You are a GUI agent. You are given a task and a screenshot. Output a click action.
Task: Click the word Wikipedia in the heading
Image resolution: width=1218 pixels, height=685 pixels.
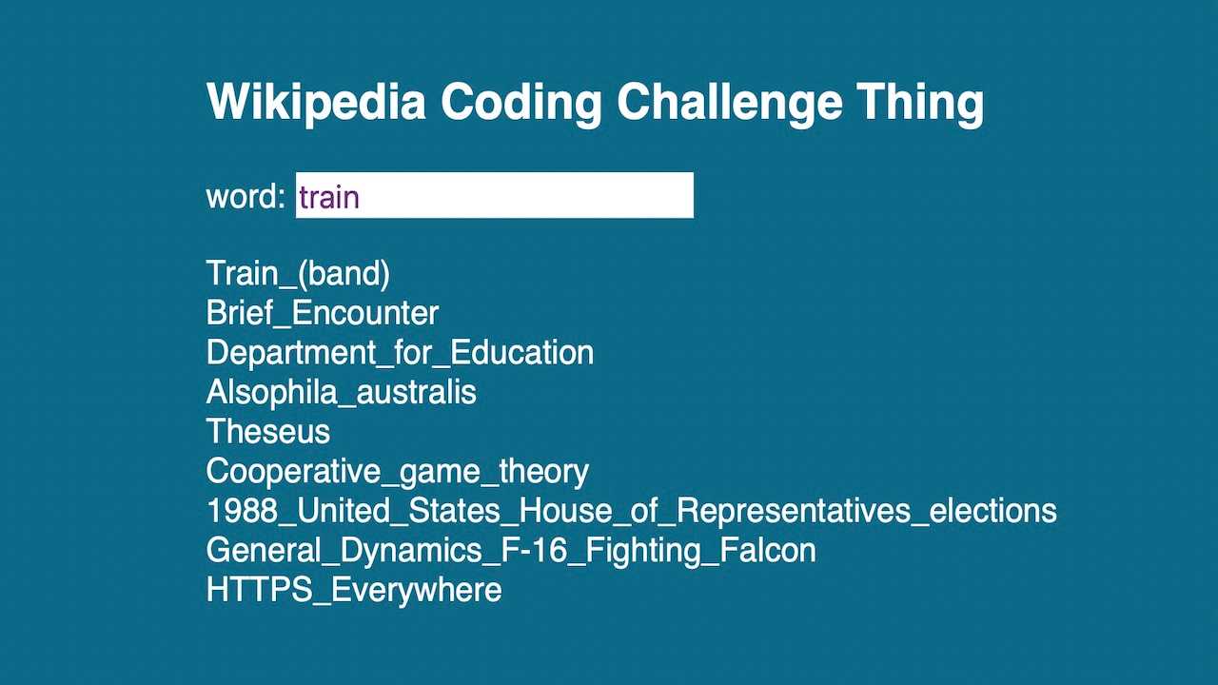316,102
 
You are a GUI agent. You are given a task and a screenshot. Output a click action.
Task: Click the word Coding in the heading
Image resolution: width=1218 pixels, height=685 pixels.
521,102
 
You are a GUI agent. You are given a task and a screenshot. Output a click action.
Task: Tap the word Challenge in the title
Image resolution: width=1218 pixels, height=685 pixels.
729,102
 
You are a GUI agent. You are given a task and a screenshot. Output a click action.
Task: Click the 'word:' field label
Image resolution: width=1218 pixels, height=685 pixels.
246,196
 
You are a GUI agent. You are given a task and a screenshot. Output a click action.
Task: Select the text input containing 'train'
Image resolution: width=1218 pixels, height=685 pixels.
494,195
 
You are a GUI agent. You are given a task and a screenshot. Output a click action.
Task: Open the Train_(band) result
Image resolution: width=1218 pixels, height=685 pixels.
298,273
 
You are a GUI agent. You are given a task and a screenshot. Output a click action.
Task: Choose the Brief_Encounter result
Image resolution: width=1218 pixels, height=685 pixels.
322,313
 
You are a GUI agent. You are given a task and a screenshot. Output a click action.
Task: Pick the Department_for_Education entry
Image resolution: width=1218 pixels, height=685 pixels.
400,352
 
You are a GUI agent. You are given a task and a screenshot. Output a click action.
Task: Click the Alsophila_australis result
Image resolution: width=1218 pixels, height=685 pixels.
341,392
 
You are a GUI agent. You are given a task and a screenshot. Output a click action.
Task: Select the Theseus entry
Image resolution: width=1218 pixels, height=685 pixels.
267,432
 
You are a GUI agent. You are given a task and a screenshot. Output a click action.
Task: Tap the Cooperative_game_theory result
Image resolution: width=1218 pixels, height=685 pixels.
397,471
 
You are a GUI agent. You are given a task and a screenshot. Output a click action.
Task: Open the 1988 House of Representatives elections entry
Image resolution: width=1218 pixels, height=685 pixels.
631,511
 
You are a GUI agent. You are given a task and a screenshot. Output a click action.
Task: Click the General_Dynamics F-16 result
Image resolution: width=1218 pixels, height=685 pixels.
510,550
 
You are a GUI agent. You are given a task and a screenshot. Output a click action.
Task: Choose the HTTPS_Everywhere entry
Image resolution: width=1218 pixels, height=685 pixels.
353,590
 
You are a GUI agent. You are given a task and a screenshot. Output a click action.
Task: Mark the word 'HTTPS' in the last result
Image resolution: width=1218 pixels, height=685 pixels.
259,590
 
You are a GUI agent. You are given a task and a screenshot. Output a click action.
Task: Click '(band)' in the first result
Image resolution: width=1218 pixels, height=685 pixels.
344,273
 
